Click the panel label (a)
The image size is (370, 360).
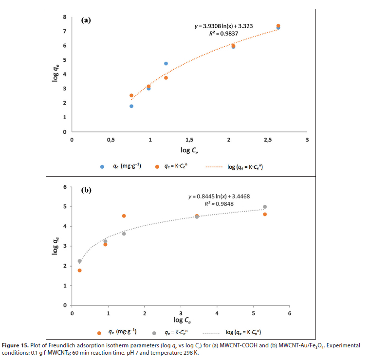tap(86, 20)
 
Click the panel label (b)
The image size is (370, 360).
tap(86, 190)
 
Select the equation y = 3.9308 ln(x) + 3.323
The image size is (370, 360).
tap(223, 26)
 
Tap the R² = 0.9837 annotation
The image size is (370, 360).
tap(223, 34)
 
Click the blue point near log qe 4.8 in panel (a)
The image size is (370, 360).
tap(166, 64)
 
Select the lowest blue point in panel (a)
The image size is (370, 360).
tap(131, 106)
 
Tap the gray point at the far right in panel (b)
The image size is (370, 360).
tap(265, 207)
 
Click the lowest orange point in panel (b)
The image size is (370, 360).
tap(79, 270)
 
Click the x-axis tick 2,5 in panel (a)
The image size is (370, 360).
tap(268, 140)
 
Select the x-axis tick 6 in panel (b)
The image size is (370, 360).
tap(289, 312)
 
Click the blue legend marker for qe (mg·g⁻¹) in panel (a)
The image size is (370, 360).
tap(102, 166)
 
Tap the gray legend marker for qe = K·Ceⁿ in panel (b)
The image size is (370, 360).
tap(154, 333)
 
